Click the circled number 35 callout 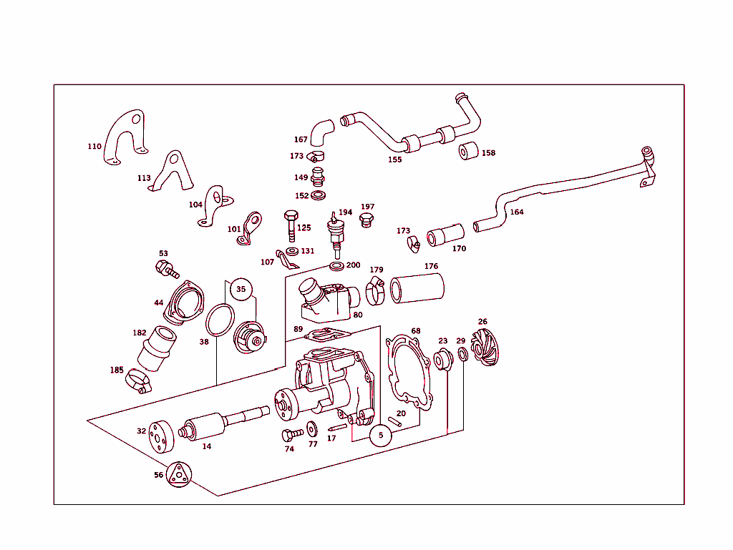click(241, 290)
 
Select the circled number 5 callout click(381, 434)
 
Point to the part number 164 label click(516, 212)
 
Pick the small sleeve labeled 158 click(468, 152)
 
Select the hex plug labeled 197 click(366, 219)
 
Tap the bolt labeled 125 click(291, 225)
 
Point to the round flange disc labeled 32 click(157, 436)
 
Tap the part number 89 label click(298, 329)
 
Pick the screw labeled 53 click(166, 270)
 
